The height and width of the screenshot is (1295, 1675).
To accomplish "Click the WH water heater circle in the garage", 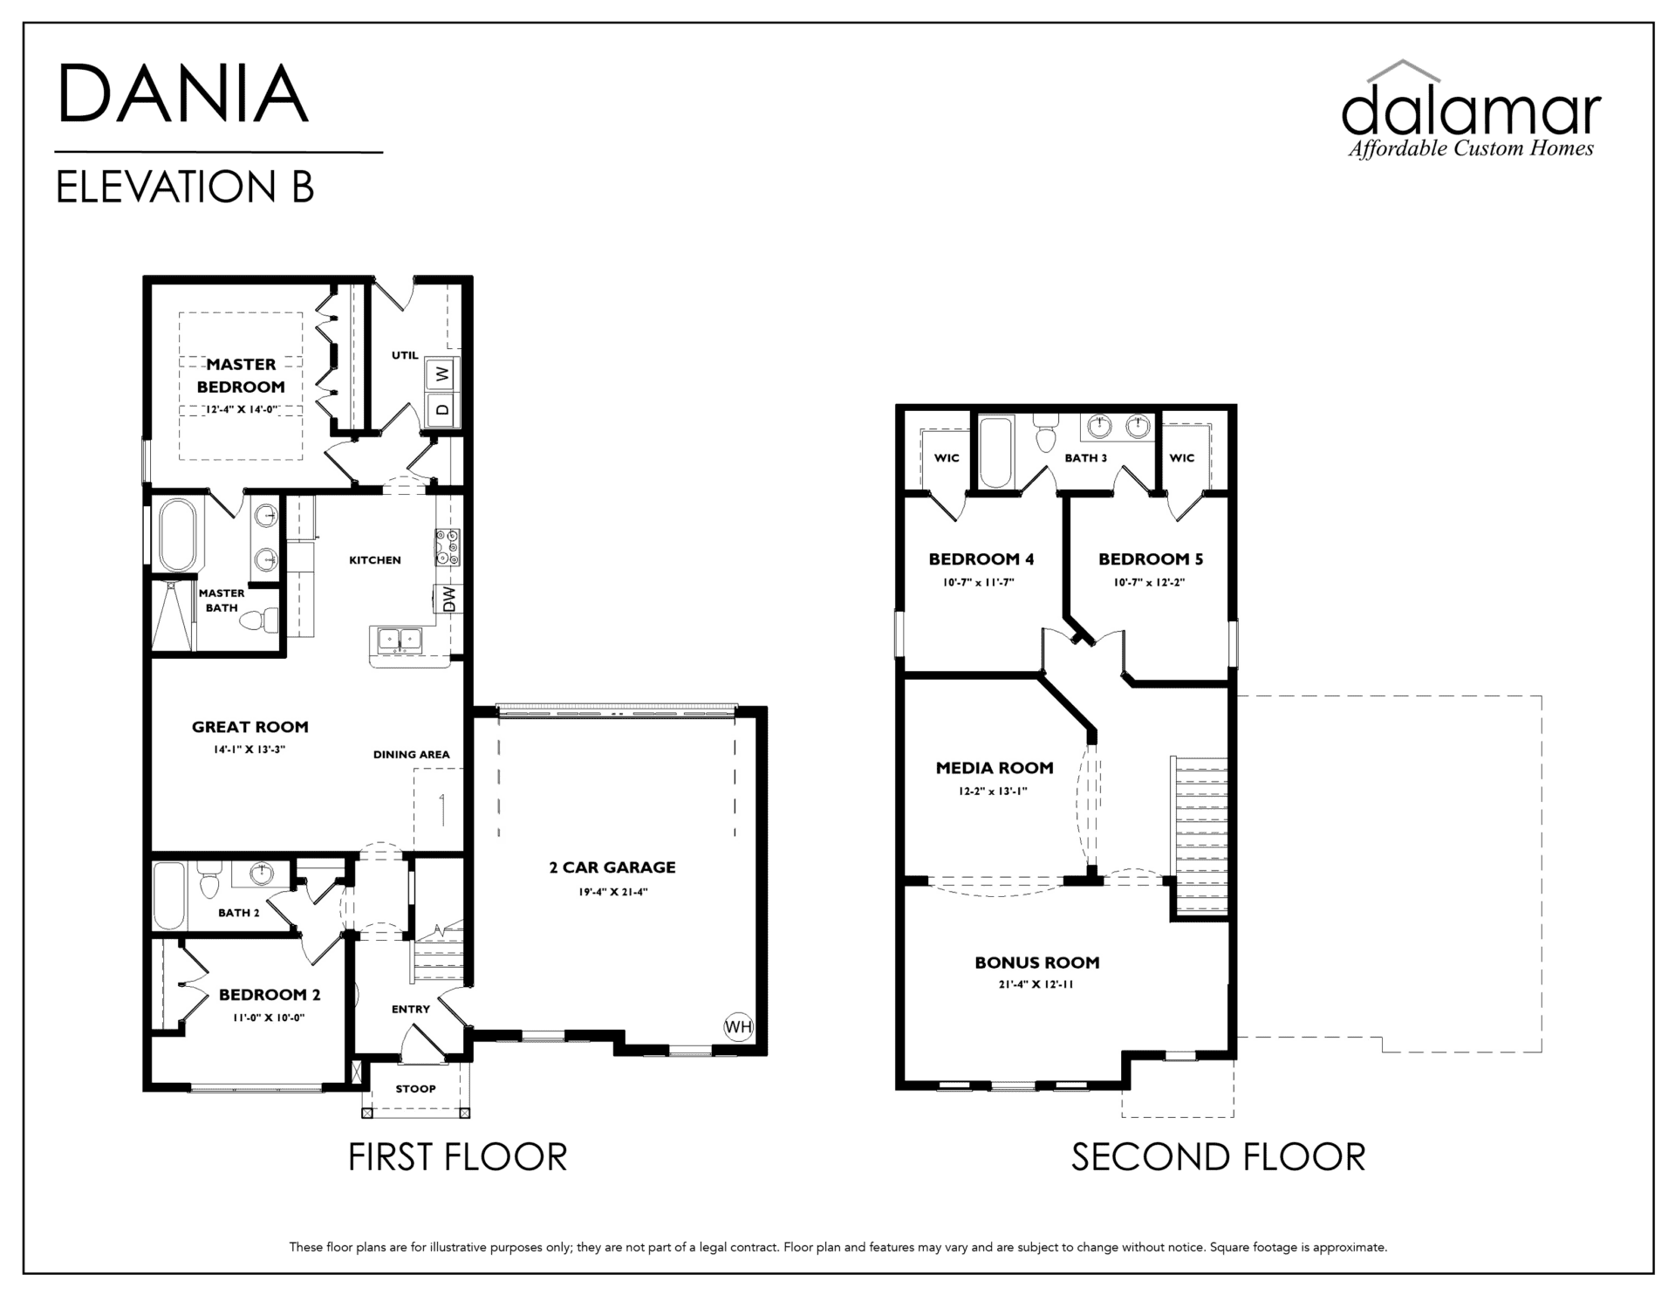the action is [x=738, y=1027].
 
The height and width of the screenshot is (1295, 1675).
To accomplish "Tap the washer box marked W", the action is [x=441, y=373].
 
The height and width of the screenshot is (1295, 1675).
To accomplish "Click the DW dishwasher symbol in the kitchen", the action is [x=449, y=599].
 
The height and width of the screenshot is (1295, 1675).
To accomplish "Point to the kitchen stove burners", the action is [x=448, y=547].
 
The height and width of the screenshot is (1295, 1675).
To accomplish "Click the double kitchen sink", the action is [x=399, y=639].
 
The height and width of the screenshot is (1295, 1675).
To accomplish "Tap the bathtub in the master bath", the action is [x=178, y=535].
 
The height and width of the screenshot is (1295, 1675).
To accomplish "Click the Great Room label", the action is [x=250, y=727].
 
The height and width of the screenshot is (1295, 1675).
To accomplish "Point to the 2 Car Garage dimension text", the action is [x=612, y=892].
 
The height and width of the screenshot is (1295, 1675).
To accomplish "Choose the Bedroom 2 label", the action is [x=263, y=995].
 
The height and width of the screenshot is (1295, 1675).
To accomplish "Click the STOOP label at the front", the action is [x=415, y=1089].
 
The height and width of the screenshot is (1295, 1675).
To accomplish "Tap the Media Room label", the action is [x=995, y=768].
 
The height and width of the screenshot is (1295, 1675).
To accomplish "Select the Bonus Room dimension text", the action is [x=1036, y=984].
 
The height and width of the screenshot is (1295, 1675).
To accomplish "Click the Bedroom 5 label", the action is [x=1144, y=559].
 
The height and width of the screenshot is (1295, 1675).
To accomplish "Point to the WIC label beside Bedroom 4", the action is [x=947, y=458].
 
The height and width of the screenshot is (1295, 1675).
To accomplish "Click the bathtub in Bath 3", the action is [x=995, y=452].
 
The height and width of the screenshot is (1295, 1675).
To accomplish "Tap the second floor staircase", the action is [x=1201, y=835].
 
